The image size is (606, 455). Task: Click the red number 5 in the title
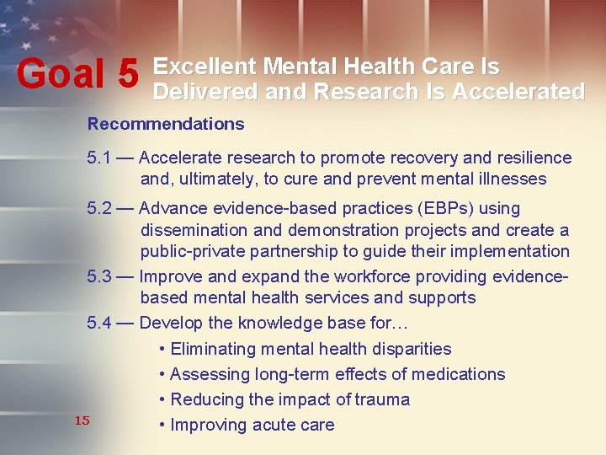click(x=128, y=75)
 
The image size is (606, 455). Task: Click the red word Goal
click(x=63, y=75)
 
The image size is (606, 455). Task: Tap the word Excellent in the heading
click(x=205, y=67)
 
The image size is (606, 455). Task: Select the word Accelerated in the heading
click(x=518, y=91)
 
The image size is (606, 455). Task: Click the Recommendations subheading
click(x=166, y=124)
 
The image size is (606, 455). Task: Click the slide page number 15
click(x=82, y=420)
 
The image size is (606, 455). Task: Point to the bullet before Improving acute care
click(x=162, y=425)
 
